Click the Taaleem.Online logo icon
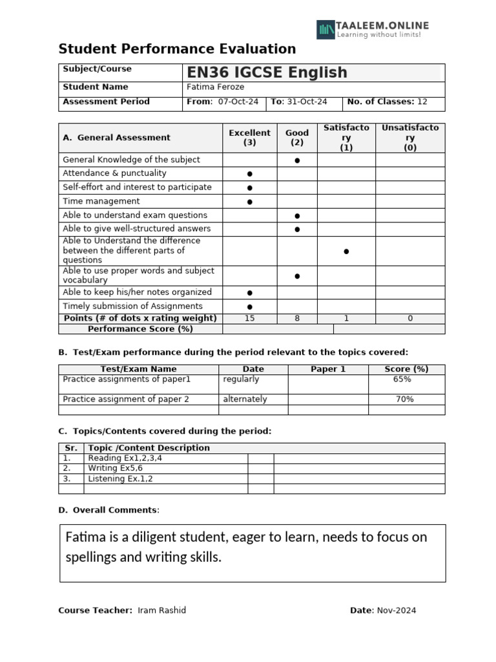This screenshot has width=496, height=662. (326, 29)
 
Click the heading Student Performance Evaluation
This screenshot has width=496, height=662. (177, 49)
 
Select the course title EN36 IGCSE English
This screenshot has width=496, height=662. (267, 72)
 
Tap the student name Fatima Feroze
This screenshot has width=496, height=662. (215, 87)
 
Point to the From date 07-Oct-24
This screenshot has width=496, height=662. (238, 101)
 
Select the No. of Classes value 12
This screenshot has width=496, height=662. (422, 101)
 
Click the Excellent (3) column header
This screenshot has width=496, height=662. (250, 138)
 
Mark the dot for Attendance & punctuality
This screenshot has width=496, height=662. (249, 174)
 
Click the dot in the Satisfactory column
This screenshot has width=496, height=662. (346, 251)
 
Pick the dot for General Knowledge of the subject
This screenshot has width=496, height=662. (297, 160)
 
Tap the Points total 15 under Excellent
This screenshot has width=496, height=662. (249, 318)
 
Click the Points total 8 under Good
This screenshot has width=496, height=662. (297, 318)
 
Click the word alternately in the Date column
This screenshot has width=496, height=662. (245, 400)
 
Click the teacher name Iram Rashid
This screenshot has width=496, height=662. (161, 610)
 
